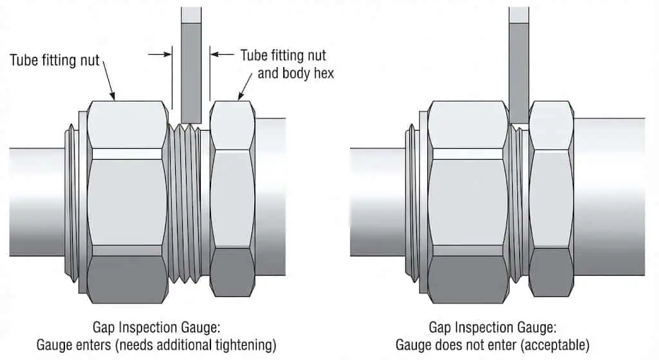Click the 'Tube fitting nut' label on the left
(x=55, y=61)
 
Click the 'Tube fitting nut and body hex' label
(x=288, y=63)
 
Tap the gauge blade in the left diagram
(x=191, y=64)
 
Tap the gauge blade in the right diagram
(x=519, y=58)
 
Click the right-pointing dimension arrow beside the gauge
(x=160, y=55)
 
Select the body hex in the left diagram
(x=232, y=200)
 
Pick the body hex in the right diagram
(x=551, y=200)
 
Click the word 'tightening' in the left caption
(x=245, y=345)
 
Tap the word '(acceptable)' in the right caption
(x=557, y=345)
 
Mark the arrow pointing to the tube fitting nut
(x=109, y=87)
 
